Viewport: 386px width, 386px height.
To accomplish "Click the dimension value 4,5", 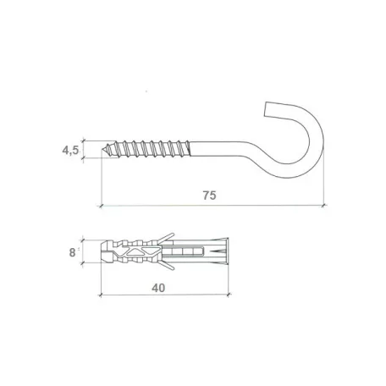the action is pos(70,150).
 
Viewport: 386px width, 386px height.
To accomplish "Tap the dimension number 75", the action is pos(209,196).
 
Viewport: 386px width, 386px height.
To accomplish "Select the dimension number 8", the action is pos(72,252).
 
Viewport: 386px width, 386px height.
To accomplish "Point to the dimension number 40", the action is pos(158,288).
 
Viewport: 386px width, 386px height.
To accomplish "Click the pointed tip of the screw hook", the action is pos(102,149).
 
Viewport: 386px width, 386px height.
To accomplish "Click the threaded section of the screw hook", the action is pos(146,148).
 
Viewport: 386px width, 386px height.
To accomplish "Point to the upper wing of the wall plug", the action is pos(166,238).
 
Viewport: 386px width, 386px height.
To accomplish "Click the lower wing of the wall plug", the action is pos(166,265).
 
